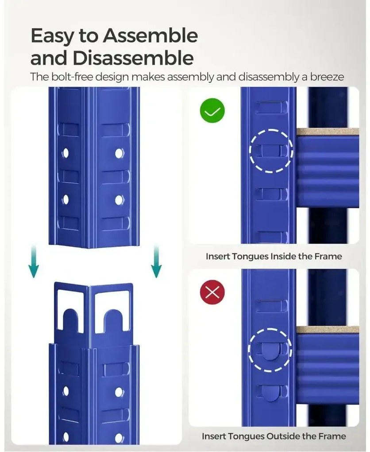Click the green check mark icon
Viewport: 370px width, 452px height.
click(x=212, y=111)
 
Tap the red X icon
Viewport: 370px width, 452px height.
click(x=212, y=292)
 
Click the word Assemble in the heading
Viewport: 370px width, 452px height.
click(x=150, y=36)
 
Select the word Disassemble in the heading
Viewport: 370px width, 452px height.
click(x=133, y=58)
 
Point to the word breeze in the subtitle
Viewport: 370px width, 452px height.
click(x=327, y=77)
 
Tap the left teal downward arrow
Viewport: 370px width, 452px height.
click(x=34, y=262)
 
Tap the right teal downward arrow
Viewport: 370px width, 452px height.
click(x=156, y=262)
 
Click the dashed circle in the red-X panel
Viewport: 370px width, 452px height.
click(x=270, y=328)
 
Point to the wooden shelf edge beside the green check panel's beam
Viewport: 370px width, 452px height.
click(x=328, y=132)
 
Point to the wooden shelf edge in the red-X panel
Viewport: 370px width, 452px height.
click(x=328, y=330)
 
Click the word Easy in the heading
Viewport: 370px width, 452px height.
click(x=52, y=36)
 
